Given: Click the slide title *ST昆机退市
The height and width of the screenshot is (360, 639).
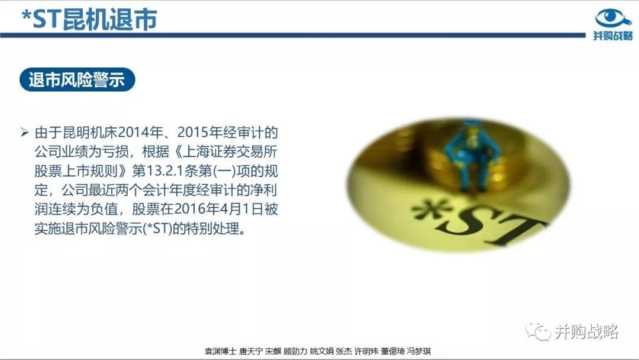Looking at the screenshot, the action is click(x=89, y=19).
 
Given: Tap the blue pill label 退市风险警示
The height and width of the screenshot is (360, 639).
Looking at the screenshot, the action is click(x=77, y=79).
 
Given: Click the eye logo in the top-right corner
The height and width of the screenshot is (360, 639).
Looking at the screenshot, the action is click(x=612, y=18).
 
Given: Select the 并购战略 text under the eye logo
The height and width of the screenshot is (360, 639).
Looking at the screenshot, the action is click(x=613, y=36).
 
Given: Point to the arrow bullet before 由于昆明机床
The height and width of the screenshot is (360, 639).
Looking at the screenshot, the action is click(x=24, y=132).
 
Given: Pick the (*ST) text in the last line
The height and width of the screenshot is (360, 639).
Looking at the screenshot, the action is click(x=157, y=229).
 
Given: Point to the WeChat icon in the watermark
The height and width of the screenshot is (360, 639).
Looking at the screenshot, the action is click(x=538, y=332).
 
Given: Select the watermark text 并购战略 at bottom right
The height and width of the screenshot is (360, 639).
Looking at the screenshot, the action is click(x=586, y=332).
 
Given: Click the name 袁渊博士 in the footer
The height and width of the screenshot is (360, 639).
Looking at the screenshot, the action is click(x=221, y=351).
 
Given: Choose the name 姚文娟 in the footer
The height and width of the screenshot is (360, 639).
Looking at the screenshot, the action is click(x=321, y=351).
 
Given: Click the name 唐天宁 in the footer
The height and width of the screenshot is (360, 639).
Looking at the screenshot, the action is click(x=251, y=351).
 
